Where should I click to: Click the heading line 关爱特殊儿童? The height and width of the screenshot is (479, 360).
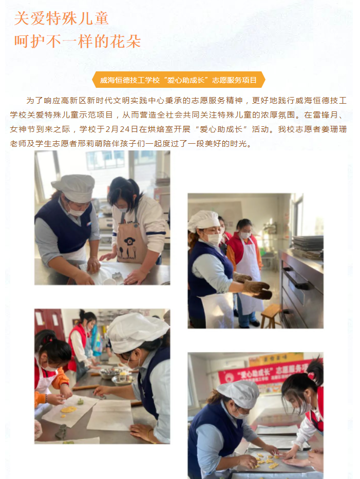[62, 18]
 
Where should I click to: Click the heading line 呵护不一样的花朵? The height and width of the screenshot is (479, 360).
[78, 41]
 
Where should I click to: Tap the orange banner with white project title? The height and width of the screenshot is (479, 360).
[179, 80]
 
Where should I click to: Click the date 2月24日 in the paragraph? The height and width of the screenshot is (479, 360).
[121, 129]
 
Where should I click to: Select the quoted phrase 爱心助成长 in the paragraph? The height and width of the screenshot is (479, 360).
[221, 129]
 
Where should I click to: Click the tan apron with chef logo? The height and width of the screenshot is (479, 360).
[131, 239]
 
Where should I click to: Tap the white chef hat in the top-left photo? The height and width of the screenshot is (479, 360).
[74, 187]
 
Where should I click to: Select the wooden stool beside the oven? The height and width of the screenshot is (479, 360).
[270, 316]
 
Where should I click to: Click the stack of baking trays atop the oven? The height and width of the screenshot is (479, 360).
[308, 247]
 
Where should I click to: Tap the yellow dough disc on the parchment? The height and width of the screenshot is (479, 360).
[68, 409]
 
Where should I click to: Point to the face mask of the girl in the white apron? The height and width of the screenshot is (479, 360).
[245, 235]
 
